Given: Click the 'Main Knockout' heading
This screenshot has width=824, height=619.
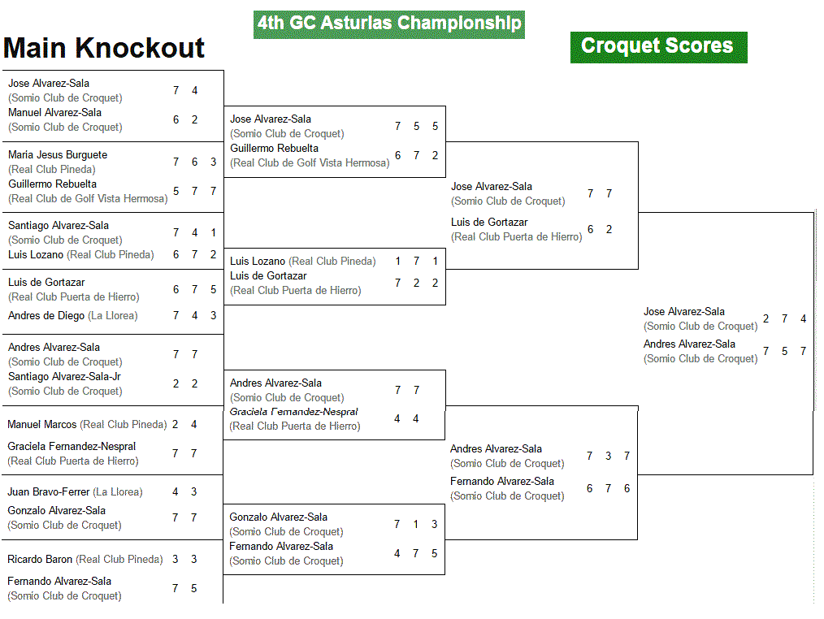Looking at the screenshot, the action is click(x=103, y=49).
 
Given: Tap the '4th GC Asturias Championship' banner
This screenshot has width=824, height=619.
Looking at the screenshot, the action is click(x=389, y=24).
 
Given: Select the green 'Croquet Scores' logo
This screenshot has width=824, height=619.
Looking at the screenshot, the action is click(x=658, y=47).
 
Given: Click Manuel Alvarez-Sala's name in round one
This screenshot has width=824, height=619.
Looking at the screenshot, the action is click(x=54, y=112).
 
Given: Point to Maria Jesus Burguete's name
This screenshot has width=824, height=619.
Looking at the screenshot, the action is click(x=58, y=155).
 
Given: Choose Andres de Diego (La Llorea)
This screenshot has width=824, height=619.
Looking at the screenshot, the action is click(x=73, y=316).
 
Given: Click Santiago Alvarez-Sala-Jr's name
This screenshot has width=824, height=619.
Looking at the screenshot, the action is click(x=65, y=377).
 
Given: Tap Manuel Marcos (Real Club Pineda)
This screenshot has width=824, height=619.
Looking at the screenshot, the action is click(x=87, y=425).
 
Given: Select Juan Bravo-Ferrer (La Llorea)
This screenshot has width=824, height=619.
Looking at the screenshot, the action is click(x=75, y=491).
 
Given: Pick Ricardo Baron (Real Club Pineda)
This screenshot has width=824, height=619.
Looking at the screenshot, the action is click(x=85, y=559).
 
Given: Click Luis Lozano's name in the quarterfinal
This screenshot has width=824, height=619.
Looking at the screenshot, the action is click(x=258, y=261).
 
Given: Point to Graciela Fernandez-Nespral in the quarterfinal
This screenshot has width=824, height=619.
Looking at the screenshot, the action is click(x=293, y=412).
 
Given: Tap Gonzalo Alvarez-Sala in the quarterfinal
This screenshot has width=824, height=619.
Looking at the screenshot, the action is click(x=278, y=517).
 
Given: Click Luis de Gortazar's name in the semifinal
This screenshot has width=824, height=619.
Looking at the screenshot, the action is click(x=489, y=223).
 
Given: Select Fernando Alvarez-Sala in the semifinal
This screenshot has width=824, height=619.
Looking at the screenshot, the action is click(x=502, y=482).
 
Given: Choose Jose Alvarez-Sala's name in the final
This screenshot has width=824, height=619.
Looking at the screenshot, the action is click(x=684, y=312).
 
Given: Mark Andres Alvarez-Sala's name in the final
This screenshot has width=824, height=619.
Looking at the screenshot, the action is click(x=689, y=344).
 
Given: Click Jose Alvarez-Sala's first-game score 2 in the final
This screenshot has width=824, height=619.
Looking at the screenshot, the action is click(x=766, y=319).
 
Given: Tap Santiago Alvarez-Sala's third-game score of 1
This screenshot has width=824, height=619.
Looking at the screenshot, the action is click(x=214, y=233).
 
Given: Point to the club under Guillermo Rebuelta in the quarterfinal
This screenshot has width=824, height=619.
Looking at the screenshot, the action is click(x=310, y=163).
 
